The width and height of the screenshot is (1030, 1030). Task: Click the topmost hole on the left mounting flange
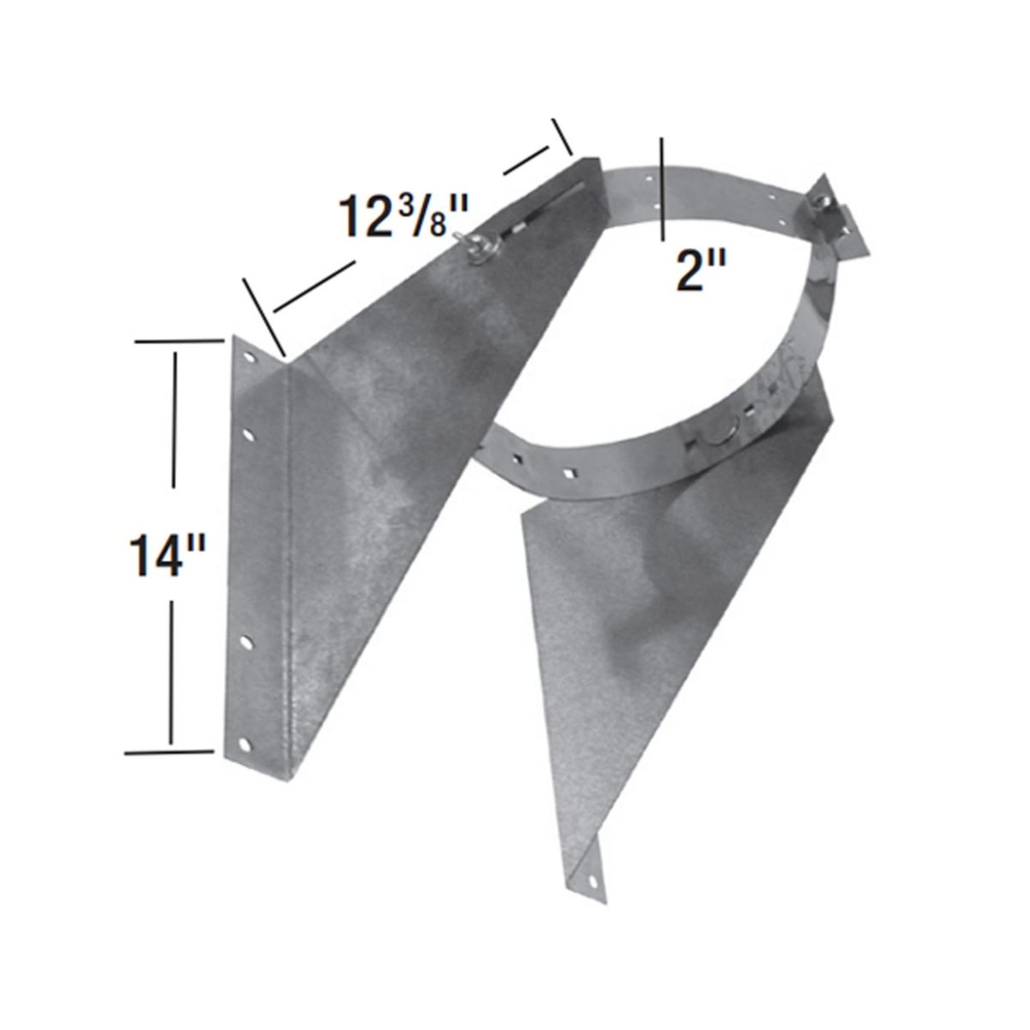249,356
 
